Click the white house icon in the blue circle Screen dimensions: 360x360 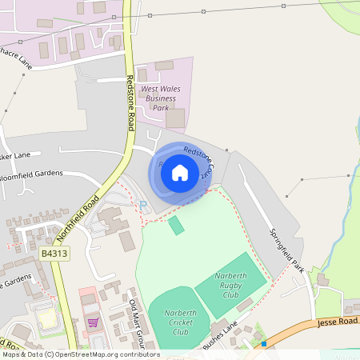pos(179,172)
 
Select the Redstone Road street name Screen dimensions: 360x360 pos(130,103)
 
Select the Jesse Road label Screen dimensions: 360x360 pos(338,320)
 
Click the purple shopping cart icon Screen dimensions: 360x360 pos(93,322)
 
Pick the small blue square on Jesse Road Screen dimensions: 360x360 pos(263,344)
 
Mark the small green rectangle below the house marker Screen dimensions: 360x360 pos(176,225)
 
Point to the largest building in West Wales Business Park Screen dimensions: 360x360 pos(175,118)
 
